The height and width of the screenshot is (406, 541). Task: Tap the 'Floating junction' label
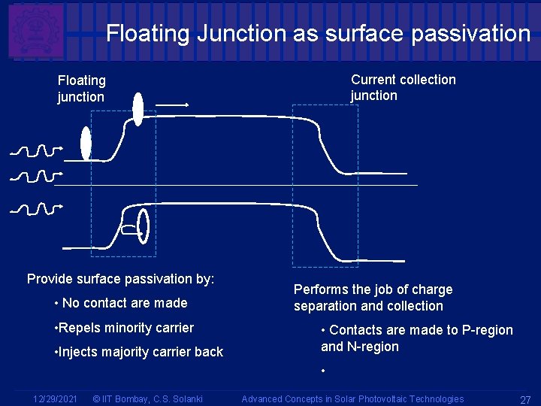point(81,89)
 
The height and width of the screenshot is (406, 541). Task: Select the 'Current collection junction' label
point(403,87)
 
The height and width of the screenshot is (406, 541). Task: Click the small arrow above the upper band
point(172,105)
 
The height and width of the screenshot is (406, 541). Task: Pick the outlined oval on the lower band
point(144,226)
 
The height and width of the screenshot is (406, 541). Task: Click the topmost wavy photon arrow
point(36,150)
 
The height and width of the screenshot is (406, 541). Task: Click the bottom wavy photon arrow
point(36,208)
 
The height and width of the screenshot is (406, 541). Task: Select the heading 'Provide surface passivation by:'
point(120,279)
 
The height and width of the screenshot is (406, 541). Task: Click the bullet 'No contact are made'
point(121,303)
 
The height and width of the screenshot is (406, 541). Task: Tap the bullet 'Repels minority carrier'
point(124,328)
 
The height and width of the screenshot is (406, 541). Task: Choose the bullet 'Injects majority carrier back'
point(138,352)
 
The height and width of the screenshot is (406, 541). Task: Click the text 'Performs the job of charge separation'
point(373,298)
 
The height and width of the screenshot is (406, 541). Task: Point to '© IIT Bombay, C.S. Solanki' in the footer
point(147,398)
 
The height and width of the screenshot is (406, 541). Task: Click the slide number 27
point(525,399)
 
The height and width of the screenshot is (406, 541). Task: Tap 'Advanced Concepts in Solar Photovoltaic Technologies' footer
point(352,398)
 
